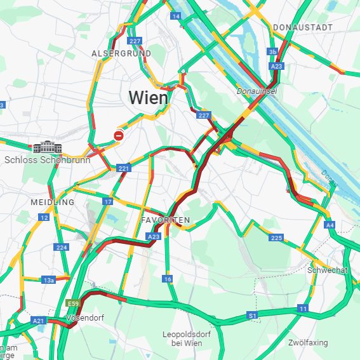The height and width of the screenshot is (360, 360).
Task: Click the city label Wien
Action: click(149, 98)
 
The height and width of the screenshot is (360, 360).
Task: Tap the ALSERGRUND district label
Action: click(121, 53)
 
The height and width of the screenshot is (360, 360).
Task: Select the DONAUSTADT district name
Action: click(302, 27)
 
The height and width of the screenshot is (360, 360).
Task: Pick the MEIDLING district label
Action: click(52, 202)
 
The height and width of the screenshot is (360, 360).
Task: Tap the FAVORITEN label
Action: click(165, 220)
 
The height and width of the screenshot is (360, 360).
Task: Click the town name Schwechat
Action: click(327, 270)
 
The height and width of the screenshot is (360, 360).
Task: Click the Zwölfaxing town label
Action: click(308, 343)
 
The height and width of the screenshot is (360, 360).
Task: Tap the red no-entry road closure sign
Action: click(119, 135)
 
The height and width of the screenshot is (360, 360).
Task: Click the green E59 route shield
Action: click(72, 303)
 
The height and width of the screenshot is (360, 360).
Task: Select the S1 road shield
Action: click(252, 315)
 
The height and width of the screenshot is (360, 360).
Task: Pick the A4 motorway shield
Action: click(329, 225)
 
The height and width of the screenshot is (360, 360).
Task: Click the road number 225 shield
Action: click(276, 237)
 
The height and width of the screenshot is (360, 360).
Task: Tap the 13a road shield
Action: click(49, 279)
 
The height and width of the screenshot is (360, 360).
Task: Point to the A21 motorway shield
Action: click(39, 321)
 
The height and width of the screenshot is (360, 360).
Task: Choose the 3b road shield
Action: click(272, 52)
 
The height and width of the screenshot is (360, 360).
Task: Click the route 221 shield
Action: click(123, 168)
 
